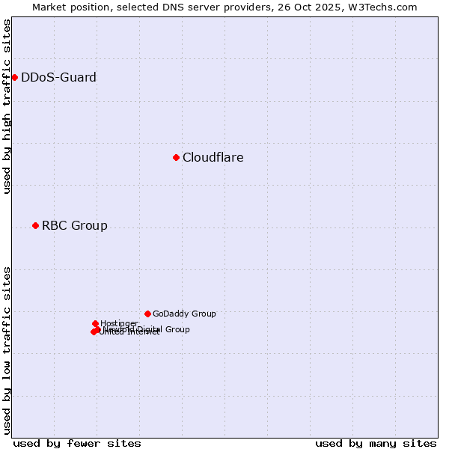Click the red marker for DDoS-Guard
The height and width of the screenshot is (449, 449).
click(14, 77)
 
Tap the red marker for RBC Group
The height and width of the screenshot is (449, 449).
click(35, 225)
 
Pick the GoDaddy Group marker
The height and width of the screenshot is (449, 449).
click(147, 314)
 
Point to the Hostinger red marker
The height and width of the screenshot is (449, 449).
click(95, 323)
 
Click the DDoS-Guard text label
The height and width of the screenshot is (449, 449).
click(58, 77)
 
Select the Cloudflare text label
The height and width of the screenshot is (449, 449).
click(213, 157)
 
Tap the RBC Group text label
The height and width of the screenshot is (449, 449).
click(74, 225)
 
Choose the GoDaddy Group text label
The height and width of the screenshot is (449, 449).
click(183, 314)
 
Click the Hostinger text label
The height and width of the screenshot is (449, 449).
click(119, 323)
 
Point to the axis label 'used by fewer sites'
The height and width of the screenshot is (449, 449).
click(76, 443)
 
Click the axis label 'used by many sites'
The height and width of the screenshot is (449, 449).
click(376, 443)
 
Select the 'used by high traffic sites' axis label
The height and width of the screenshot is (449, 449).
click(7, 106)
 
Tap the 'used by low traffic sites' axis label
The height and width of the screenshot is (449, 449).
click(7, 350)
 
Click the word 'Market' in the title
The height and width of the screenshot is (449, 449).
click(50, 7)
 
